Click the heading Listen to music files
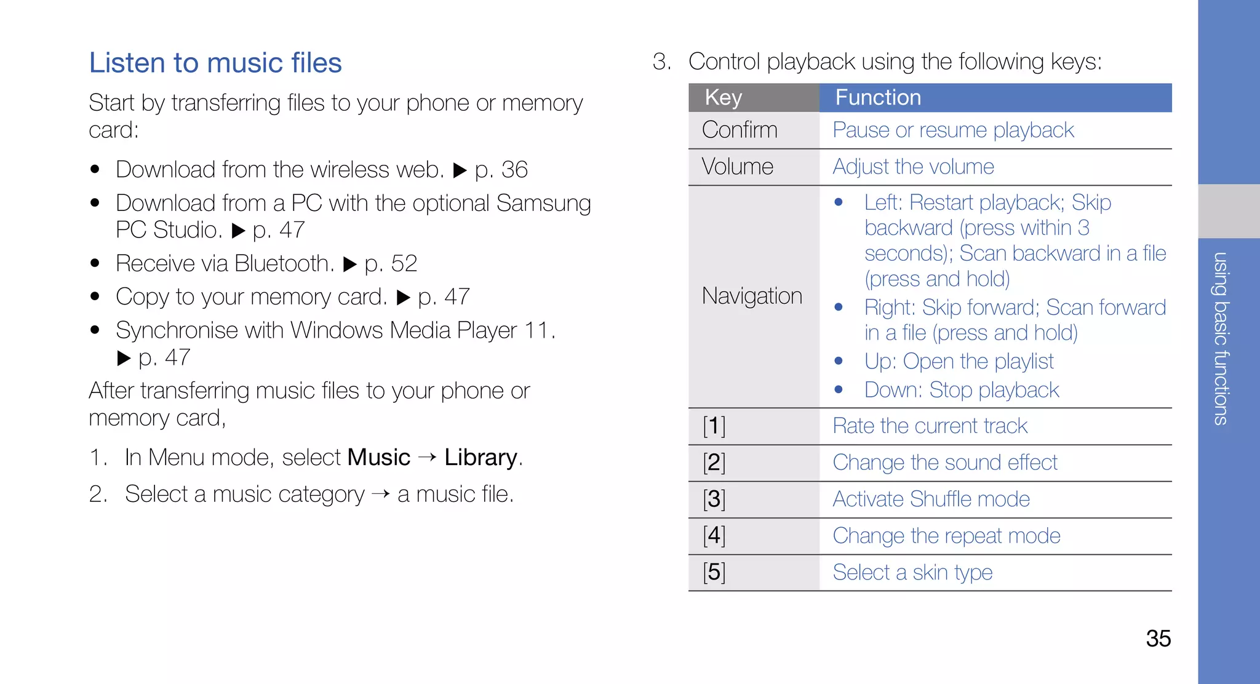(215, 63)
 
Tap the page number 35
(1158, 638)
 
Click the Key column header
(724, 98)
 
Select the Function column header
(878, 98)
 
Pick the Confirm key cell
(740, 130)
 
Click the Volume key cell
(737, 167)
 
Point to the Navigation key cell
(752, 296)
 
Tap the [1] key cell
(714, 426)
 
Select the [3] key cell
(714, 499)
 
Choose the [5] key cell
(714, 572)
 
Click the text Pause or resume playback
(953, 130)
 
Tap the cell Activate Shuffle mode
(931, 499)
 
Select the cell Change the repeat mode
(946, 536)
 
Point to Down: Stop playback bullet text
(962, 390)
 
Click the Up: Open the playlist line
(959, 361)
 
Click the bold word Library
(480, 458)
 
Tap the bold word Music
(378, 458)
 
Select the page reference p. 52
(391, 264)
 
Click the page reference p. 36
(501, 170)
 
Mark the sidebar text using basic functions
(1221, 338)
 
